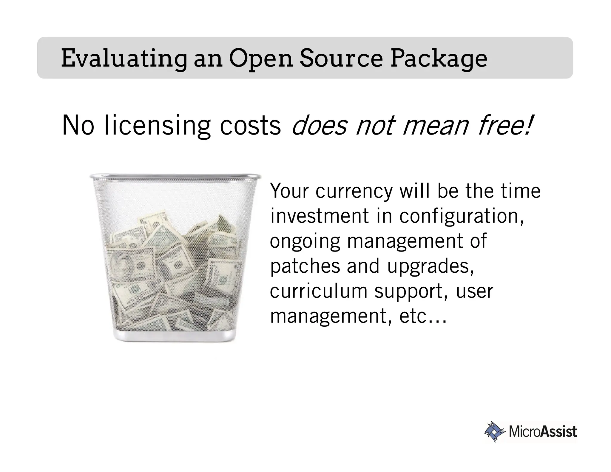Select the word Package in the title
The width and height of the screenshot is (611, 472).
click(439, 58)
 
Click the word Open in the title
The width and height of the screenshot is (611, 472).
click(260, 58)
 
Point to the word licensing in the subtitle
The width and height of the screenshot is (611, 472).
click(158, 125)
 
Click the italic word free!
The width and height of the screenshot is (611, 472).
click(505, 125)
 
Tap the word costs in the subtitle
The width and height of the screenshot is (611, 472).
click(250, 125)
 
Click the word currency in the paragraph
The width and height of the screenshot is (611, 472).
click(354, 191)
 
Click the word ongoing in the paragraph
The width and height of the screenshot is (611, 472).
click(305, 241)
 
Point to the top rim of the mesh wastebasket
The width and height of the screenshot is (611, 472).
click(175, 176)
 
